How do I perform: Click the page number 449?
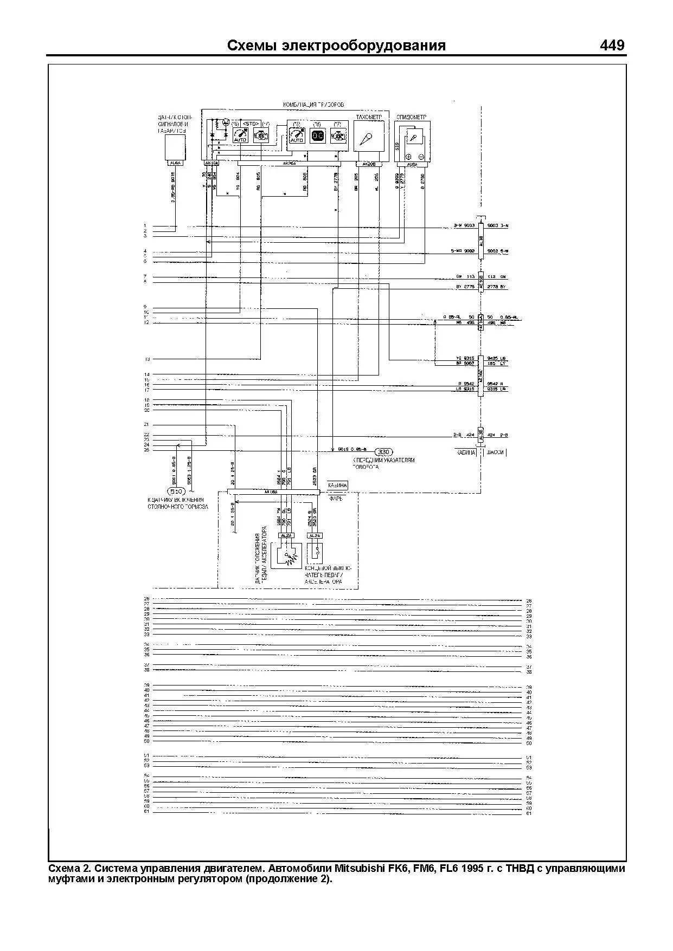(612, 45)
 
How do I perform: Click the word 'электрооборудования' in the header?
(364, 46)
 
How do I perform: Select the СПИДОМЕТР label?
(411, 117)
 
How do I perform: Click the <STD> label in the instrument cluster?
(251, 124)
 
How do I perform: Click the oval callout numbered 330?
(384, 452)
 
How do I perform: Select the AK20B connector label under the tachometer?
(368, 163)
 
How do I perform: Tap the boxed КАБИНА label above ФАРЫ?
(337, 485)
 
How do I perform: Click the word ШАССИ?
(495, 452)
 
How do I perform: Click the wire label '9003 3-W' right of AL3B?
(498, 225)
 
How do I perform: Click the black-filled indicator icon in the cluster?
(317, 136)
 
